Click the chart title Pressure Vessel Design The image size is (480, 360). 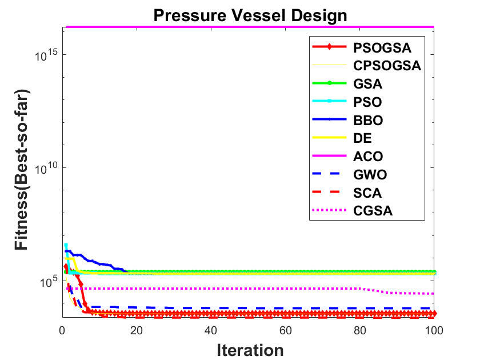(250, 16)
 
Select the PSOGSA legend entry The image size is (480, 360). (382, 48)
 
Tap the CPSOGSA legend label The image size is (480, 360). (387, 66)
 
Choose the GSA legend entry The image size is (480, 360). (367, 84)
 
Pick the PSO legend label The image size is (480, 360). (367, 102)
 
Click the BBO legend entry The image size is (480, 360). (368, 121)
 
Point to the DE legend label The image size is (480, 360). (362, 138)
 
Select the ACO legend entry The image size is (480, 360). (368, 157)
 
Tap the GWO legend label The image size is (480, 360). (370, 175)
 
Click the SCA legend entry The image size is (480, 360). (367, 193)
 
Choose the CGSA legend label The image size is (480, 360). (373, 211)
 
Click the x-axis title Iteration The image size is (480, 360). (250, 350)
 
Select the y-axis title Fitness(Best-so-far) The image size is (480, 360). (22, 170)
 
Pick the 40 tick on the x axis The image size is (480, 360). (211, 331)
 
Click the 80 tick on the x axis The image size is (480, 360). (359, 331)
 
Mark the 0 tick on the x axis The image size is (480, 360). (62, 331)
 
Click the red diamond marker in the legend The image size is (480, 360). (329, 47)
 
